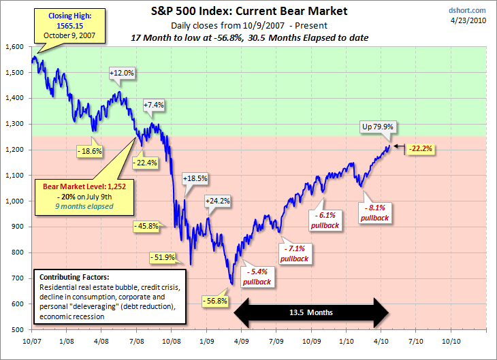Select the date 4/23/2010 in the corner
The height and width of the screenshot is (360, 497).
(x=470, y=20)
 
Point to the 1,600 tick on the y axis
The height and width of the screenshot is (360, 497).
(x=14, y=46)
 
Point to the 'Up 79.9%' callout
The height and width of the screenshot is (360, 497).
(x=378, y=126)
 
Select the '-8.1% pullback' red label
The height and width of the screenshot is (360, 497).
(x=375, y=213)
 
